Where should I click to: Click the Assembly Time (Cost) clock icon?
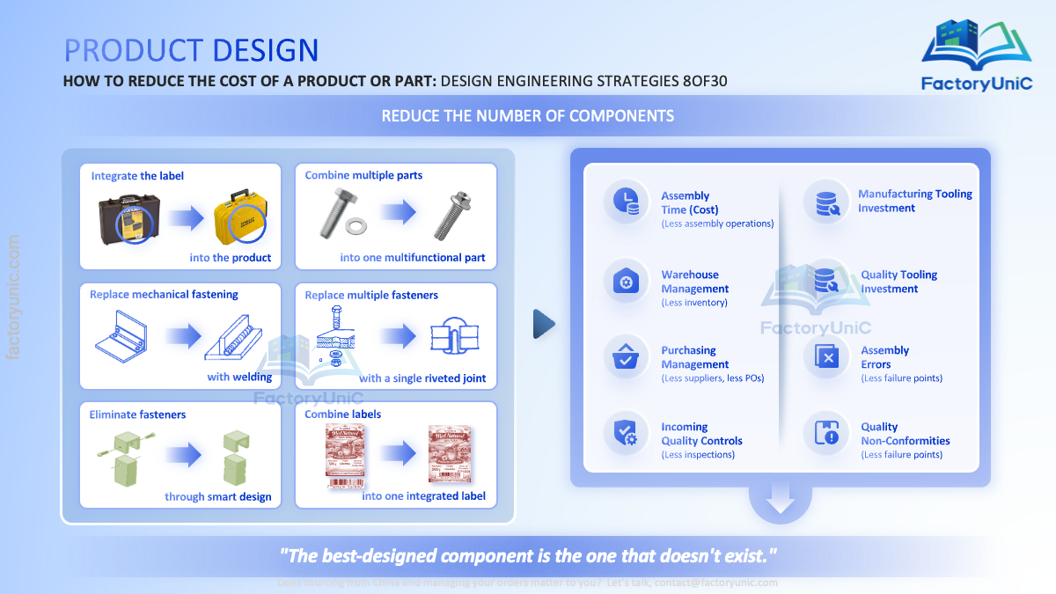tap(626, 201)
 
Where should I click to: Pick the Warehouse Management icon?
tap(626, 282)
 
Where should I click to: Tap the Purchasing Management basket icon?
tap(626, 357)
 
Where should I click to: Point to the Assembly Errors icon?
tap(826, 357)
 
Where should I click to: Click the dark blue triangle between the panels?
tap(545, 324)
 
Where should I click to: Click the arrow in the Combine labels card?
tap(398, 454)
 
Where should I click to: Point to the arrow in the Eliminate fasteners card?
tap(183, 454)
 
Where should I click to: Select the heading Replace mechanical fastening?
tap(164, 295)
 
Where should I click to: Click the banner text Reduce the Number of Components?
tap(528, 116)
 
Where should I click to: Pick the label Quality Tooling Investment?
tap(898, 282)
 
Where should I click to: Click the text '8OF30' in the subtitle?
tap(705, 82)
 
